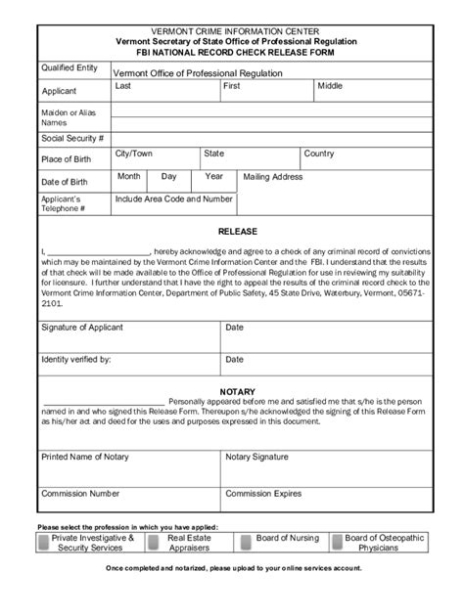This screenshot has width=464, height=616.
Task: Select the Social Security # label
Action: [x=72, y=139]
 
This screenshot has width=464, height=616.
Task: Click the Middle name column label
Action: [x=330, y=86]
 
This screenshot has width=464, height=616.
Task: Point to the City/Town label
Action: [x=134, y=154]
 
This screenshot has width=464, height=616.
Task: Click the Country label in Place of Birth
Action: [x=319, y=154]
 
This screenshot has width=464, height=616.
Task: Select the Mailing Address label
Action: [x=273, y=178]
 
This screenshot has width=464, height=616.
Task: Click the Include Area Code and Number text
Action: [x=174, y=198]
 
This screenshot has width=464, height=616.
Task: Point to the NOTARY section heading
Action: [x=237, y=390]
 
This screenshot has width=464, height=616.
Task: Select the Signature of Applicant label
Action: [x=81, y=328]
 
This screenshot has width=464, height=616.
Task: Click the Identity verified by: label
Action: [x=75, y=359]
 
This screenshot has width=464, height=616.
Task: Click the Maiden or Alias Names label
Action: [x=68, y=118]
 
